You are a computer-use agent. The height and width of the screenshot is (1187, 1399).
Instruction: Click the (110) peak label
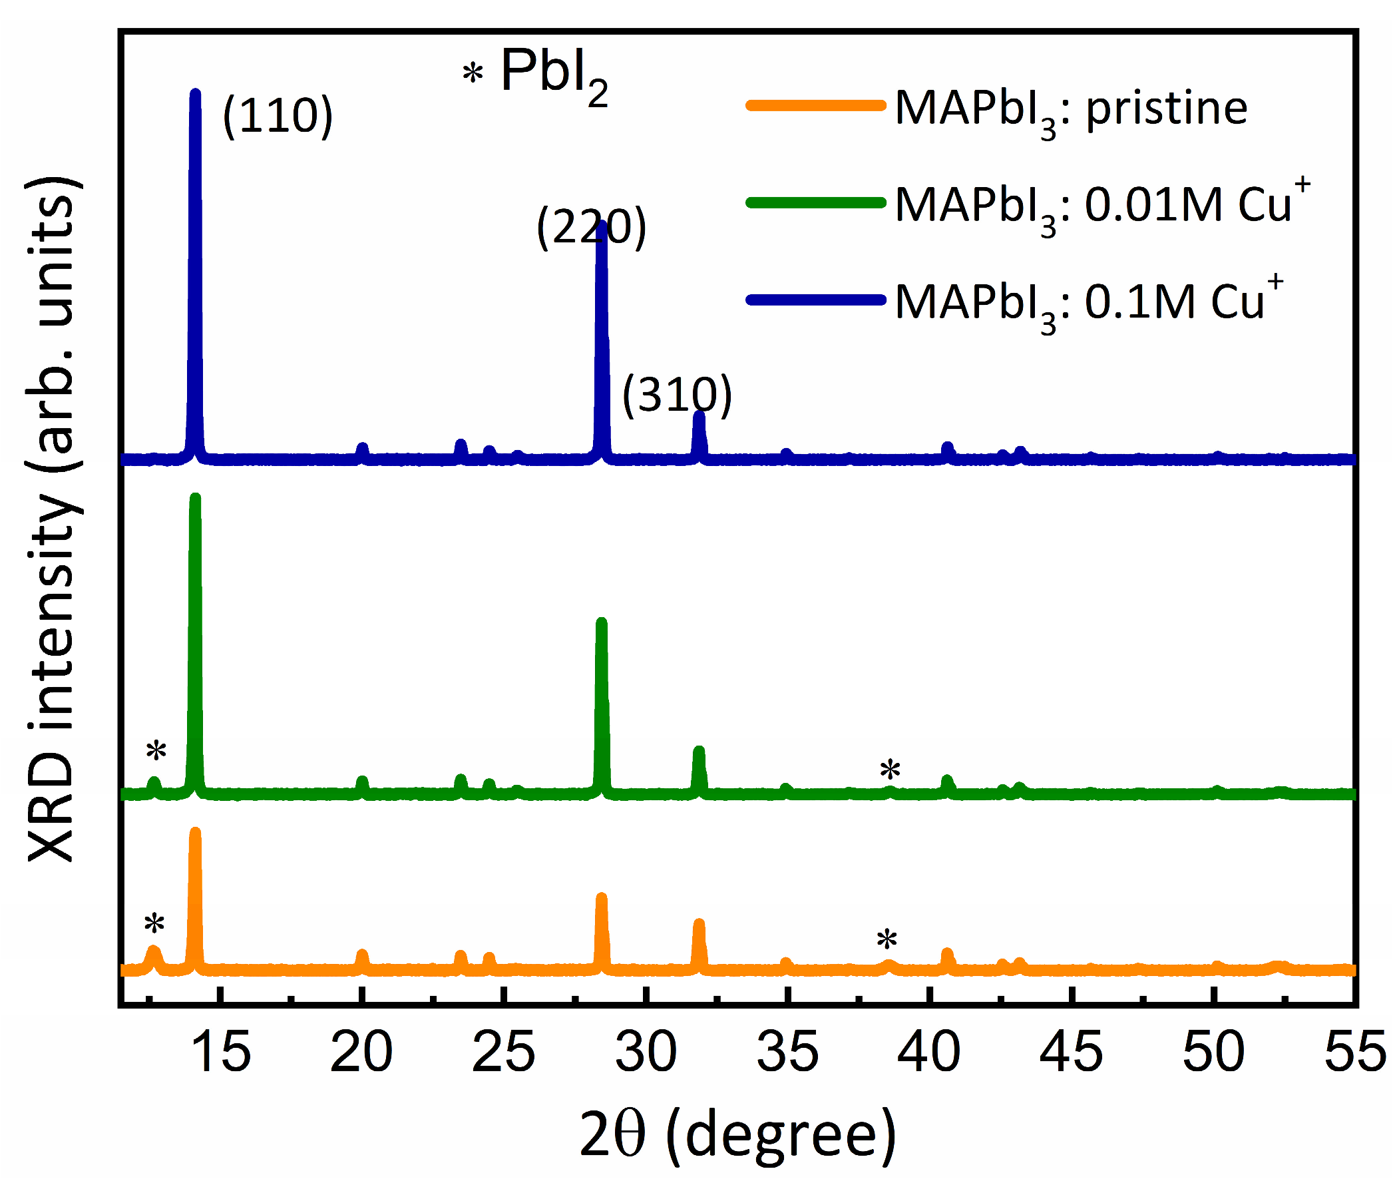(278, 116)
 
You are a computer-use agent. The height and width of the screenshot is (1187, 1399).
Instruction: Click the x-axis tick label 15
(220, 1052)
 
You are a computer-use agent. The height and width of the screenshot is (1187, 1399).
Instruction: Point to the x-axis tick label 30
(646, 1052)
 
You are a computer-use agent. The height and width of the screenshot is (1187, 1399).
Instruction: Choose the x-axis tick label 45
(1071, 1052)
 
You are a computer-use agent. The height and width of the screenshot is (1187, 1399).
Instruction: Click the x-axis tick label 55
(1354, 1052)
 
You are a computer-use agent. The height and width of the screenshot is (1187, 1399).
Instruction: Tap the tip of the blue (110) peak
(196, 93)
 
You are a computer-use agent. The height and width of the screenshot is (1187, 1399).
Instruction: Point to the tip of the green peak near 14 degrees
(196, 498)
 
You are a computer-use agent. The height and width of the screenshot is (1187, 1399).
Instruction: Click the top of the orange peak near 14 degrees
(196, 832)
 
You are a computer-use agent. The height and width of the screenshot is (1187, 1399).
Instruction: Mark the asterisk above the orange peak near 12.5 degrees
(154, 925)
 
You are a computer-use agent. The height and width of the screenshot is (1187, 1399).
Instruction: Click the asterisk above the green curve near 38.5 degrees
(890, 769)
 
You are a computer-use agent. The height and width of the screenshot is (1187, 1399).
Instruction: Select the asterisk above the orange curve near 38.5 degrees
(887, 939)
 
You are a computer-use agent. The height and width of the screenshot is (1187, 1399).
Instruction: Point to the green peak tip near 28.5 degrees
(601, 622)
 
